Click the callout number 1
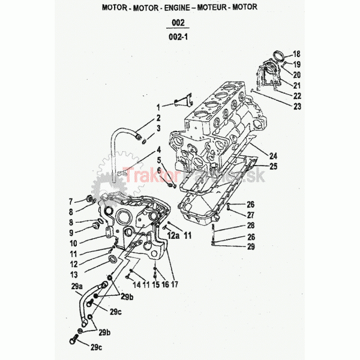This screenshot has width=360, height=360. (x=159, y=106)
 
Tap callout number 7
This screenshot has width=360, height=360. (x=70, y=200)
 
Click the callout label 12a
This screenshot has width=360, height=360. (x=173, y=237)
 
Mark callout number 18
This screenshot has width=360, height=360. (x=296, y=54)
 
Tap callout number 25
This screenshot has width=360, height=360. (x=273, y=166)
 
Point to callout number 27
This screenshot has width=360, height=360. (x=251, y=214)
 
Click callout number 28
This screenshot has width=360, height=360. (x=251, y=226)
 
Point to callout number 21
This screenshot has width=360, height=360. (x=297, y=85)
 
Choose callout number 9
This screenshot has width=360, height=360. (x=70, y=233)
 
